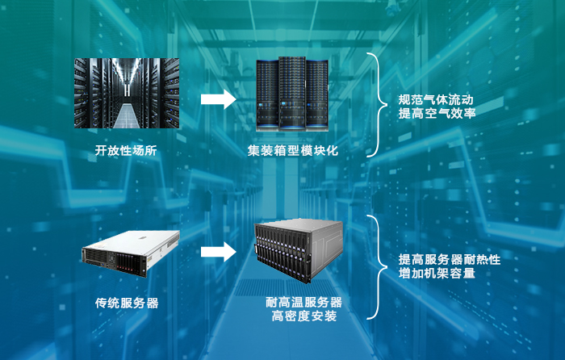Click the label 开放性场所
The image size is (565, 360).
click(126, 150)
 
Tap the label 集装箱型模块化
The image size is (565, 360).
click(293, 150)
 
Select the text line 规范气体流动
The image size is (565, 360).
click(437, 100)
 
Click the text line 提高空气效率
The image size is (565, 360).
click(437, 115)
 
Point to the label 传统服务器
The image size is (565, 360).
click(127, 303)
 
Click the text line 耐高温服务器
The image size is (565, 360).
click(304, 303)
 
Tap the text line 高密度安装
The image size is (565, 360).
click(304, 317)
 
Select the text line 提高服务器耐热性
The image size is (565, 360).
click(450, 260)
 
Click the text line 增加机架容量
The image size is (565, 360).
click(437, 274)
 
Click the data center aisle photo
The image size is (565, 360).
click(126, 93)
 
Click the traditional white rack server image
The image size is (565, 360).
click(129, 250)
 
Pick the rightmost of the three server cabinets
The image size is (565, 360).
click(317, 97)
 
